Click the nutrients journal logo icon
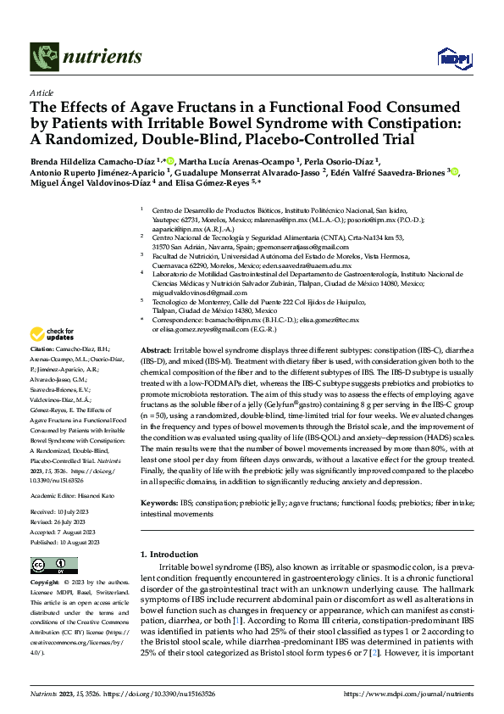(44, 57)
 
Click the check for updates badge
(53, 334)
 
